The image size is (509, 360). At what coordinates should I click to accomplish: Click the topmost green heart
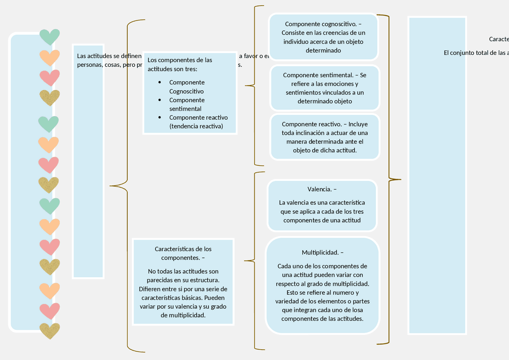coord(50,37)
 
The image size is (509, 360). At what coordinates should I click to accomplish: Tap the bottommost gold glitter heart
coord(50,330)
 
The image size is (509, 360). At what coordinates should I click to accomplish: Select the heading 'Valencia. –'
coord(322,189)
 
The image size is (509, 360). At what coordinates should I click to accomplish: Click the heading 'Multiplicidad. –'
coord(322,253)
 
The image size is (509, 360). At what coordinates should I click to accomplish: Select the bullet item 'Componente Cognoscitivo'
coord(187,87)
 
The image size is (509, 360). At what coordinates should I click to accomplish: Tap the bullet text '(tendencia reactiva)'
coord(196,126)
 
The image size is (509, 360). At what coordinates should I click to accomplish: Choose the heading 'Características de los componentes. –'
coord(183,253)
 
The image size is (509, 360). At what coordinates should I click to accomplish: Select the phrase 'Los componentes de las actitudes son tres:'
coord(180,64)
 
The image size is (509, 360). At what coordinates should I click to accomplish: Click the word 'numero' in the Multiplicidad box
coord(342,293)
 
